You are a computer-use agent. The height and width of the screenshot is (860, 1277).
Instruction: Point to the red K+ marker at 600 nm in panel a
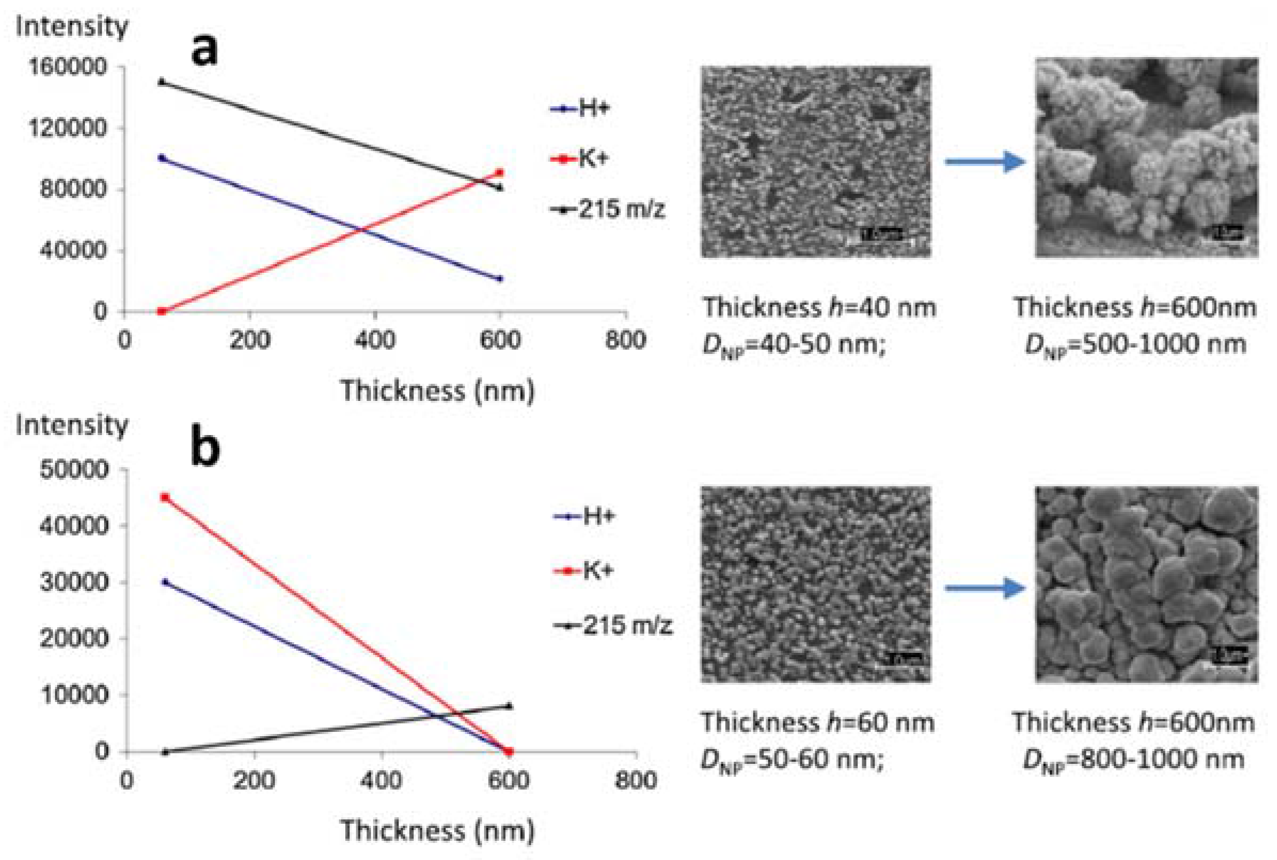coord(499,173)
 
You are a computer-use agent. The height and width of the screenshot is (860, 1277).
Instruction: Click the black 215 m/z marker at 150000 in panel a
coord(161,82)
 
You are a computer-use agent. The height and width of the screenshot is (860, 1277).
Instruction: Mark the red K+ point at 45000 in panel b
coord(164,498)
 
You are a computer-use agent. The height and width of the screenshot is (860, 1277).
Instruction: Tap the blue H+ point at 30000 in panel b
coord(164,582)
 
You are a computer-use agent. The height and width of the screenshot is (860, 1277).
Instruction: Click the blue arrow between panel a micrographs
coord(984,161)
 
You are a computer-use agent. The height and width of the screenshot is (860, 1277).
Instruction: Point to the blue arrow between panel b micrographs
coord(984,588)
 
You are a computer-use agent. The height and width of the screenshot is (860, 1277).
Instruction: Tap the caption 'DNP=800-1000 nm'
coord(1134,760)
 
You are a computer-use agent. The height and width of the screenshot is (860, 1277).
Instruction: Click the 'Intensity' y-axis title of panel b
coord(72,425)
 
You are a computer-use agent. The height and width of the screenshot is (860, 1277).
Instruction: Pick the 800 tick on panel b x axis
coord(636,779)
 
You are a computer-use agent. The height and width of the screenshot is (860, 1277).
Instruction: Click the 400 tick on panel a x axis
coord(375,341)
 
